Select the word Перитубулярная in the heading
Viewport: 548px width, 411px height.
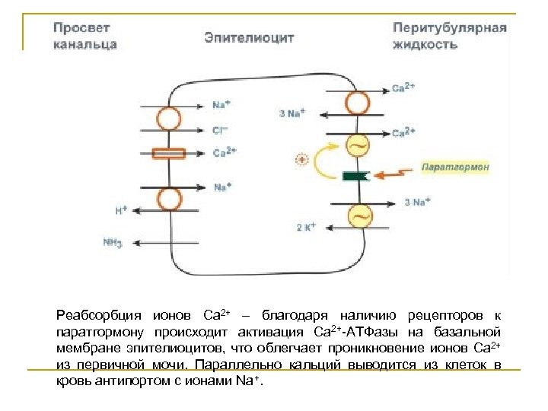click(x=450, y=28)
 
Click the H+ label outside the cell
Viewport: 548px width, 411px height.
click(x=121, y=209)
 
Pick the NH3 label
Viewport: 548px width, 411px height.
click(x=113, y=244)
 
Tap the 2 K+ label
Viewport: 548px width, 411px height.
click(x=305, y=227)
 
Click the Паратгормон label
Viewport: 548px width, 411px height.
click(x=455, y=166)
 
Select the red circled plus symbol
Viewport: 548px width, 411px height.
click(x=301, y=160)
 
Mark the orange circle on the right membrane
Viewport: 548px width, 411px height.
click(x=357, y=103)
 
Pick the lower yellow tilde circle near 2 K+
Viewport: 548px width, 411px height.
click(x=358, y=216)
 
